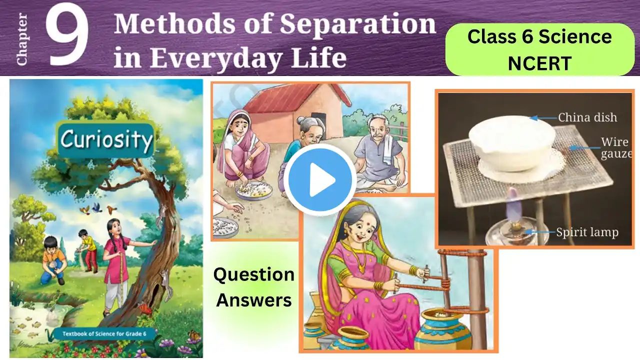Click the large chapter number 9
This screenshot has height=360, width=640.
tap(67, 35)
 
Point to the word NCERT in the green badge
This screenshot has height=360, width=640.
tap(539, 63)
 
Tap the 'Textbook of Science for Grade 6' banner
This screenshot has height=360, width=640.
tap(104, 333)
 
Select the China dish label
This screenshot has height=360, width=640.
tap(587, 117)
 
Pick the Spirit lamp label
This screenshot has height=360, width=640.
tap(587, 232)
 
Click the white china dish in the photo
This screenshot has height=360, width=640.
tap(511, 143)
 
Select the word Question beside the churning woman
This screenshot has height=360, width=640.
tap(253, 274)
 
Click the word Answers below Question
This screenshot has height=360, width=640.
tap(253, 300)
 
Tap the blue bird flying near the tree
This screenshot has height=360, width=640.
tap(97, 207)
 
